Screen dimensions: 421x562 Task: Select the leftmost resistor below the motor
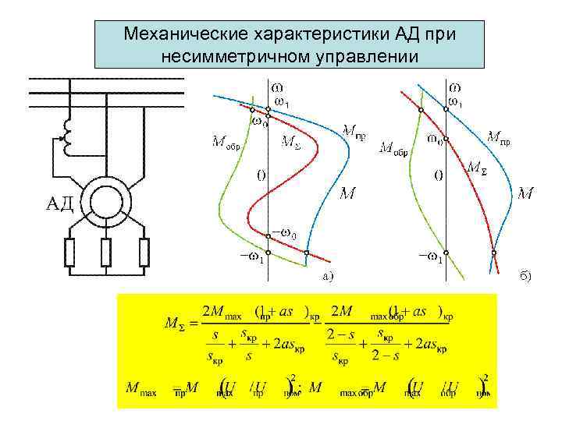coord(69,252)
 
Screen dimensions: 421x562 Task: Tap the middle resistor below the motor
coord(106,252)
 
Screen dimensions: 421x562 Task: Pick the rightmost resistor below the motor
coord(144,252)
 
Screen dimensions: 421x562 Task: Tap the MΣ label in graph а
coord(290,143)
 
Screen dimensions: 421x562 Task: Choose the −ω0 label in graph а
coord(284,232)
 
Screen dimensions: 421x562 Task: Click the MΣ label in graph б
coord(477,167)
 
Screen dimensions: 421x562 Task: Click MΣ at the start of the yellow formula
coord(175,323)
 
